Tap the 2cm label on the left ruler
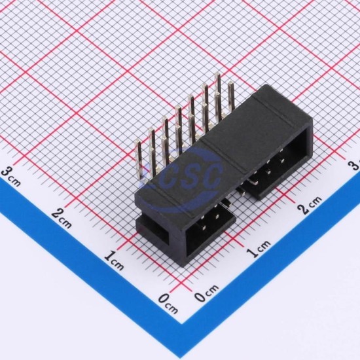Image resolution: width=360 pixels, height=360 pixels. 62,219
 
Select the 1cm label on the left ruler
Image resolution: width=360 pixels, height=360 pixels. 114,261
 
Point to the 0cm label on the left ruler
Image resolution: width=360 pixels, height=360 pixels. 168,304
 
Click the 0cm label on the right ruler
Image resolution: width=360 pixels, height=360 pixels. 207,293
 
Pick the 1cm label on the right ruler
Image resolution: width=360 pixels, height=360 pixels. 259,249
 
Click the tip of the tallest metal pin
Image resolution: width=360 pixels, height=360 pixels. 217,73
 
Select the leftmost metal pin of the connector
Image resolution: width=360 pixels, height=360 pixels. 139,161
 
